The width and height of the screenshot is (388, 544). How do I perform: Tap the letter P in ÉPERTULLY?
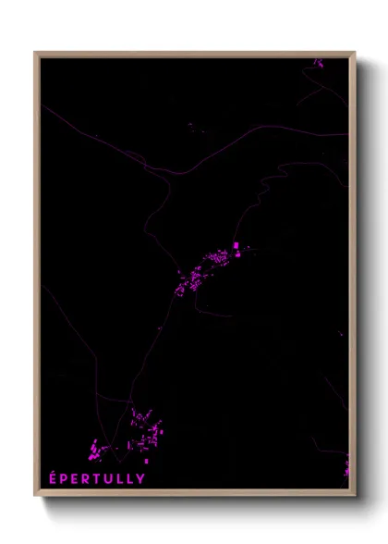coord(63,478)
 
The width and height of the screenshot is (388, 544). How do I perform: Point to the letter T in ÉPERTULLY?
coord(98,478)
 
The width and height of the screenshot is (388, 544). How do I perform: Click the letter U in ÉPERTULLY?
coord(110,478)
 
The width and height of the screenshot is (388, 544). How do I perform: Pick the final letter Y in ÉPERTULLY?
coord(140,478)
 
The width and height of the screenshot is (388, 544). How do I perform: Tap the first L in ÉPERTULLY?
coord(121,478)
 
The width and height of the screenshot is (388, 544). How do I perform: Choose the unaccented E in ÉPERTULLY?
coord(75,478)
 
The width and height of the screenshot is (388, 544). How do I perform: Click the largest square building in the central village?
coord(236,246)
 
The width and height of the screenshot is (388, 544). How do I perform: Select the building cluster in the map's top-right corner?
coord(318,63)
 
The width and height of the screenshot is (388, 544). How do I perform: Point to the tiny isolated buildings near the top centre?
coord(190,125)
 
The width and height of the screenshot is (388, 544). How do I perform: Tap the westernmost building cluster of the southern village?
coord(93,451)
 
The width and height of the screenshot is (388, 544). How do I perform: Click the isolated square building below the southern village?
coord(145,460)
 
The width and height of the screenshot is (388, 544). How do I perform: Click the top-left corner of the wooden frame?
coord(35,53)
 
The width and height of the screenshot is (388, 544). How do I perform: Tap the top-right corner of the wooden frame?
coord(355,53)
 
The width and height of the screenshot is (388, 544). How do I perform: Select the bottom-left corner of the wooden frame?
coord(35,495)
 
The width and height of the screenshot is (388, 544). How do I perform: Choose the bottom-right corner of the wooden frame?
coord(355,495)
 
